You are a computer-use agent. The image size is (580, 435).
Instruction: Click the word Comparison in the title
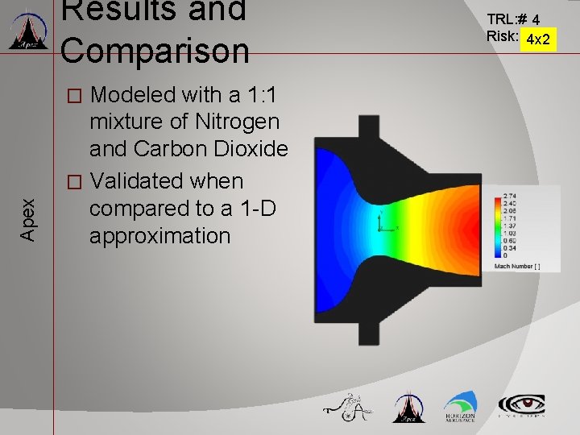point(155,50)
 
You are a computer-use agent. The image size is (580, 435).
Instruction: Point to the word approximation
point(159,236)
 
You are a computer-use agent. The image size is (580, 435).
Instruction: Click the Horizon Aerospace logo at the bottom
point(459,407)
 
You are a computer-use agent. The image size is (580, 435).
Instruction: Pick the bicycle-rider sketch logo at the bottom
point(347,408)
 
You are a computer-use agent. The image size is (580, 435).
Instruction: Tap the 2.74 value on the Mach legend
point(511,196)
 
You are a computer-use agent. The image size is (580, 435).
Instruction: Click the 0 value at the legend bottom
point(505,255)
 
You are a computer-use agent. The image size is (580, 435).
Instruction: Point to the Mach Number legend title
point(516,266)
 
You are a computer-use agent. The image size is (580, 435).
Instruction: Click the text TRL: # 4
point(513,18)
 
